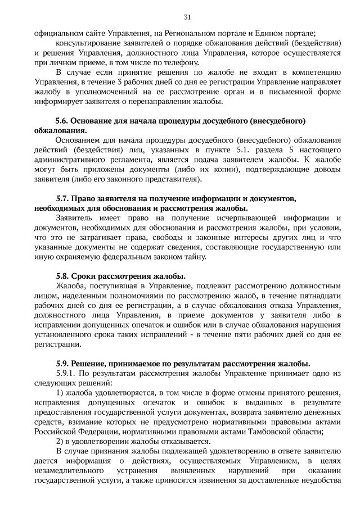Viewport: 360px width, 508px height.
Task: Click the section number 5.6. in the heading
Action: pos(63,121)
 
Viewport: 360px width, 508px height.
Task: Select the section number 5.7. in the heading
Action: pos(63,198)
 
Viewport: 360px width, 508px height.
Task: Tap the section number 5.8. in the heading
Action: pos(63,275)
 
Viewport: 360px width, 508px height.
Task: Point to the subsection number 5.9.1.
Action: pos(67,373)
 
